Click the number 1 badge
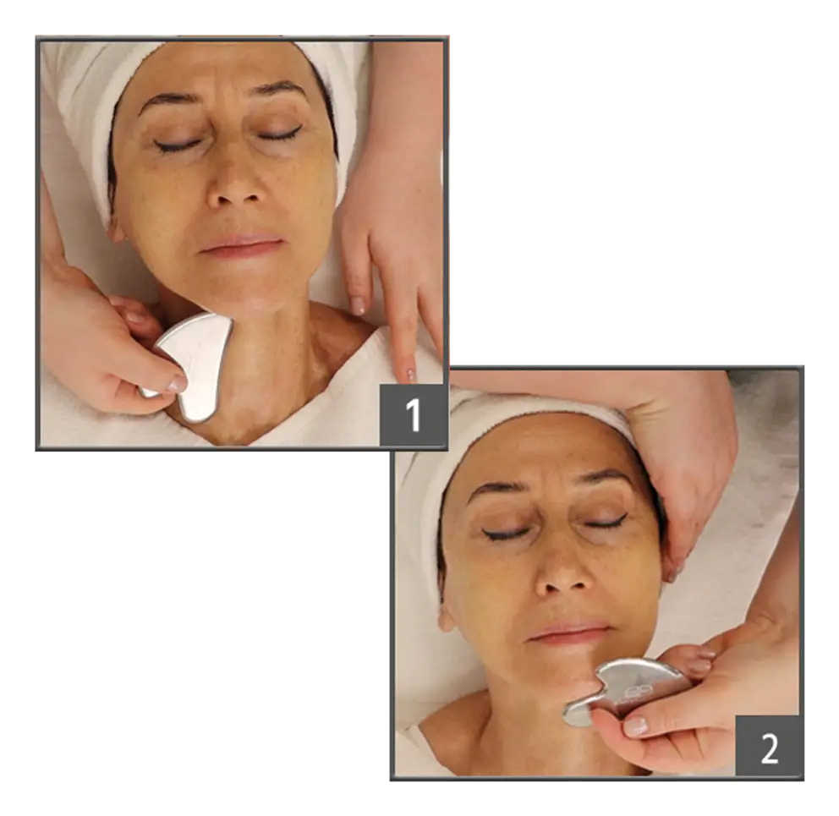[412, 414]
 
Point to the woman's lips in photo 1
[241, 245]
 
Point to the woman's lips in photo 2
[569, 633]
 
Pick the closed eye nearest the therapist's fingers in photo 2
[606, 522]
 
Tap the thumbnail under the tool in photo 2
[635, 726]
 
